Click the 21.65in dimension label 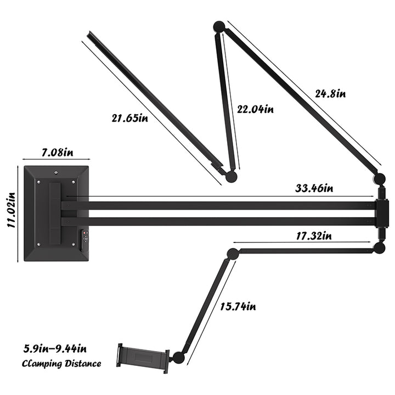point(130,117)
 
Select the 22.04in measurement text point(255,109)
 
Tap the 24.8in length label point(330,93)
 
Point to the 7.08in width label point(55,151)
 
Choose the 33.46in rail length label point(313,189)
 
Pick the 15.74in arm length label point(238,306)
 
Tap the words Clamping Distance point(61,363)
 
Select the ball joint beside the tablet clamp point(178,358)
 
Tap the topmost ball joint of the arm point(219,26)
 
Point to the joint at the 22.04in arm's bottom point(231,176)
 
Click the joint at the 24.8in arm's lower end point(380,178)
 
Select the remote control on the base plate point(84,239)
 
